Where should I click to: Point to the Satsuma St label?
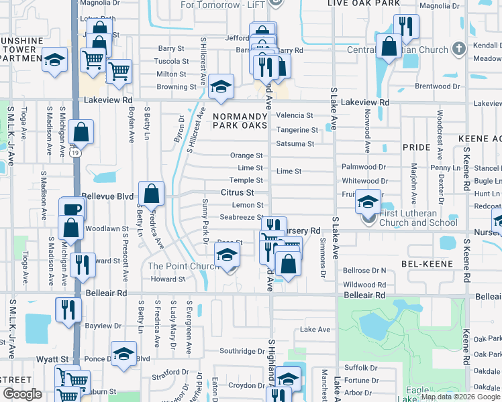295,144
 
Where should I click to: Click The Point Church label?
183,266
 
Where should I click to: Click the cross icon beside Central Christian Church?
459,48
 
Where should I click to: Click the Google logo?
22,394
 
